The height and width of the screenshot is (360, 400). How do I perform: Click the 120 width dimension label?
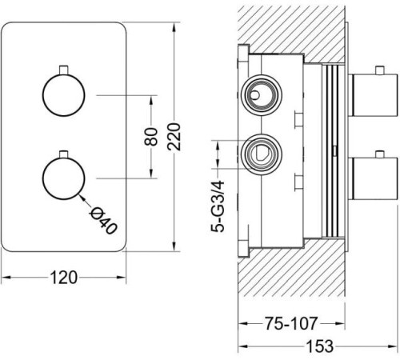64,278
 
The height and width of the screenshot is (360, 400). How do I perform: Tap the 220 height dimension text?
174,137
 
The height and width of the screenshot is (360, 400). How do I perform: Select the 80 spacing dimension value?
151,137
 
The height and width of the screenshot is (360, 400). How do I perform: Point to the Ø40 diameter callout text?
103,221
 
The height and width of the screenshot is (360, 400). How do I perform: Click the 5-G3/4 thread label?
218,206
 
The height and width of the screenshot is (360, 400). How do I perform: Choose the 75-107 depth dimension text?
291,323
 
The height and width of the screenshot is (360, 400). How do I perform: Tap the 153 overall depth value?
319,346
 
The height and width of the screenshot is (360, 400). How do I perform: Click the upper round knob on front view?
64,95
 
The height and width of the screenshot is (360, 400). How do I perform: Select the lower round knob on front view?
64,178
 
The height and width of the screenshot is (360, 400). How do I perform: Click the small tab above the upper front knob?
64,70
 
